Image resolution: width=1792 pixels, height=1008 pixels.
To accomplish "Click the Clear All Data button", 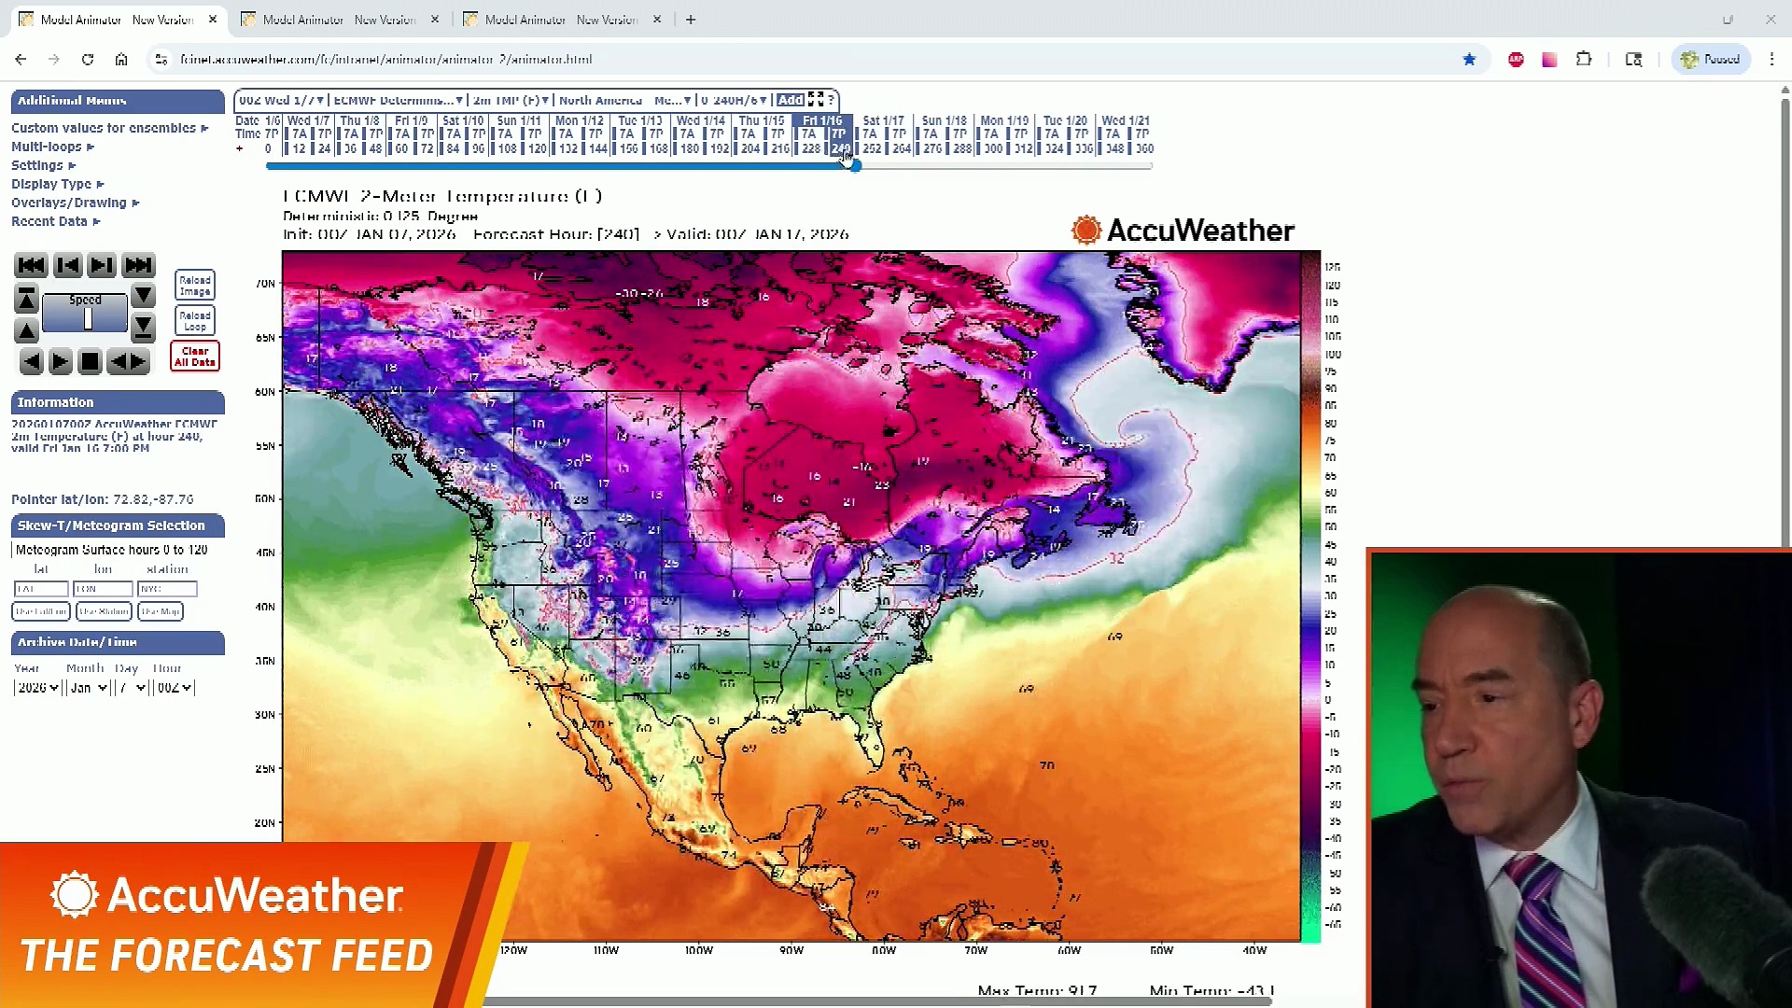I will [195, 357].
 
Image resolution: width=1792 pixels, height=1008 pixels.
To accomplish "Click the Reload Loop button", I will [195, 321].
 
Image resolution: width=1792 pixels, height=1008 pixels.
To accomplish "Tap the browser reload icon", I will [88, 60].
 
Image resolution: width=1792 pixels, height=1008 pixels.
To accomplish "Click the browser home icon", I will [121, 60].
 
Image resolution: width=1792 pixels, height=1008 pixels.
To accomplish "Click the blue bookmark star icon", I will [1469, 60].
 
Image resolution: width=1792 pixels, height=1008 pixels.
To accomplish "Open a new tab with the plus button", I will [691, 20].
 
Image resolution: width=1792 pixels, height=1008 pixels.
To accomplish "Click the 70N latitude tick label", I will [265, 284].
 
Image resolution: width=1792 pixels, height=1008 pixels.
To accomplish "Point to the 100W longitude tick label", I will [698, 950].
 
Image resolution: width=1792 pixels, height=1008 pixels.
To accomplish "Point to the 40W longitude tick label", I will [1254, 950].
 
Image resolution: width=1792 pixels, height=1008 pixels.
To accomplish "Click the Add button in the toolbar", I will [790, 100].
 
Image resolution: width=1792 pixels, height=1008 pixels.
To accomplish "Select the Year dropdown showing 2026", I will [37, 688].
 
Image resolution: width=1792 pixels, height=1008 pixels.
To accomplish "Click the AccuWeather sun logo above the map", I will [1086, 230].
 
